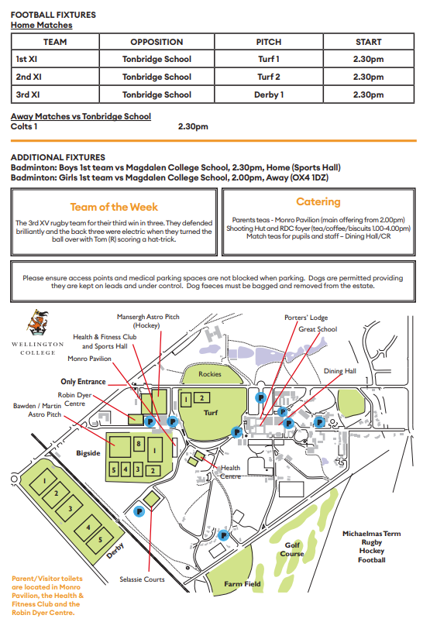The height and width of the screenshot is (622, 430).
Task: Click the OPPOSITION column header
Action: pos(157,42)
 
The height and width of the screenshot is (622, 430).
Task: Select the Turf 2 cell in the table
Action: pos(269,77)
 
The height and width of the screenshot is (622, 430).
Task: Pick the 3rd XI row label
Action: pos(28,95)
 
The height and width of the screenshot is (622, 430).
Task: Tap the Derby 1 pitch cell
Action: pos(270,95)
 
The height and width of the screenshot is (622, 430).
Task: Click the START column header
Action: pos(368,42)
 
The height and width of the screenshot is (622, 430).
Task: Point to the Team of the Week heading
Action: pos(114,207)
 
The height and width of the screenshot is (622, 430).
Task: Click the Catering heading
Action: pos(318,201)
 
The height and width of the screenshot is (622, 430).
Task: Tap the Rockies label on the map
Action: pos(209,374)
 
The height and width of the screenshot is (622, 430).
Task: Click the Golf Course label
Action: pos(292,548)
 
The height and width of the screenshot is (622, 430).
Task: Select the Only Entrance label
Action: pos(83,381)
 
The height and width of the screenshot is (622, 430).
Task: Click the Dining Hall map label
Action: pos(339,371)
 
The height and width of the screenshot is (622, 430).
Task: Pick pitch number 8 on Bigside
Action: pos(138,443)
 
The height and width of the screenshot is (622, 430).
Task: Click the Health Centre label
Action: pos(230,471)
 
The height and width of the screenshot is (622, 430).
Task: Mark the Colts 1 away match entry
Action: pos(26,126)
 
